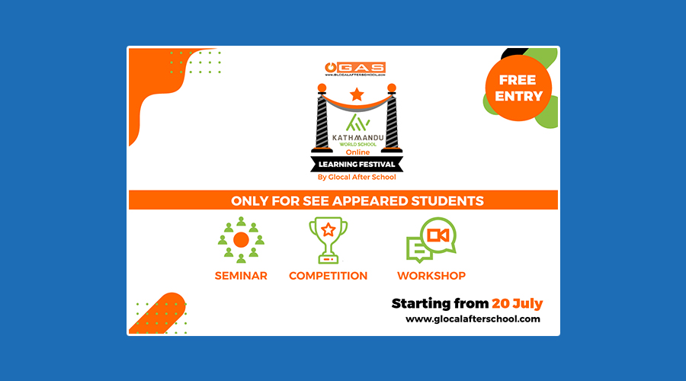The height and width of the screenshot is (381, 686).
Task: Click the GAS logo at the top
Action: click(x=355, y=69)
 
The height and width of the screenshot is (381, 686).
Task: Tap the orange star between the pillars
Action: click(x=357, y=94)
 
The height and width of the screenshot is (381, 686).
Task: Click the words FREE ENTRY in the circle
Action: click(x=518, y=88)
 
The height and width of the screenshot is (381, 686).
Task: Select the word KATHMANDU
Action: click(x=358, y=137)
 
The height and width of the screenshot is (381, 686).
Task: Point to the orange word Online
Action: click(x=358, y=152)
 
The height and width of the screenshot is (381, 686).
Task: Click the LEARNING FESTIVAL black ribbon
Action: click(x=357, y=165)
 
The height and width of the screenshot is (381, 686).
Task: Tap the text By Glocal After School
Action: click(x=357, y=177)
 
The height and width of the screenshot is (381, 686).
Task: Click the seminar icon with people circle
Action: click(x=241, y=240)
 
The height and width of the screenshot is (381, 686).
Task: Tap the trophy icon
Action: click(x=328, y=241)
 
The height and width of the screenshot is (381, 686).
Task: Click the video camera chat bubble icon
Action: click(x=431, y=240)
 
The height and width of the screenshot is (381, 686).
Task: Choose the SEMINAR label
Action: click(x=241, y=276)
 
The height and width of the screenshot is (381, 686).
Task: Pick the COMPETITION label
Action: click(x=328, y=276)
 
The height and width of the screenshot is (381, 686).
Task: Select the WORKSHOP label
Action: click(x=431, y=276)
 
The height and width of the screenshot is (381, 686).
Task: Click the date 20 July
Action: click(x=517, y=303)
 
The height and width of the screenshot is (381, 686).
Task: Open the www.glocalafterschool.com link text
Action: click(x=473, y=319)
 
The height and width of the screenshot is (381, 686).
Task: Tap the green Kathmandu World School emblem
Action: click(x=357, y=123)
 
